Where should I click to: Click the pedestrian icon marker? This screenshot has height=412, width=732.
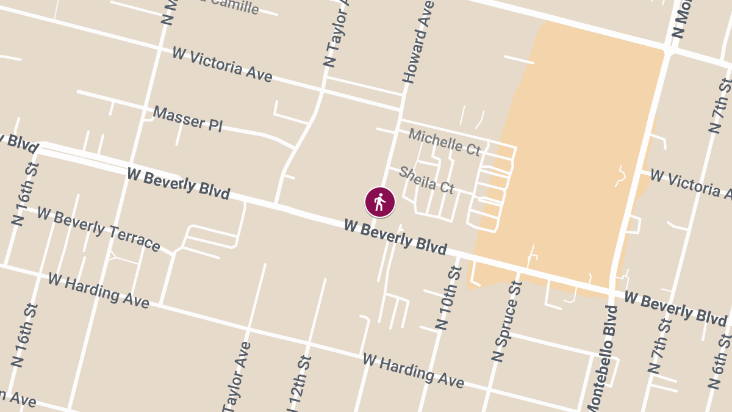coord(380,202)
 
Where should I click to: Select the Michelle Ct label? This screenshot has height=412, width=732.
coord(444,142)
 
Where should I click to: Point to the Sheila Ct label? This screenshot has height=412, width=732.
coord(426,180)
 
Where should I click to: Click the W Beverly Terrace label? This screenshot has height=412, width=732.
coord(98,229)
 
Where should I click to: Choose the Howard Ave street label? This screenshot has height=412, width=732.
coord(417,42)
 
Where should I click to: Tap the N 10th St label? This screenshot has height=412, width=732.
coord(449,297)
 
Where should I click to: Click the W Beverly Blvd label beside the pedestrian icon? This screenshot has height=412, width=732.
coord(395,237)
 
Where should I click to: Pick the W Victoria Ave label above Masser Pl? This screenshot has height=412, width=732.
coord(222,64)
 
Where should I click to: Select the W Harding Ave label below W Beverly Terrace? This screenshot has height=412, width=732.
coord(98,291)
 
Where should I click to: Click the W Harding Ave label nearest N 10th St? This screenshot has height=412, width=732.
coord(413,370)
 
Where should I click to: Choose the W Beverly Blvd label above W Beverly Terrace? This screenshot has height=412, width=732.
coord(178,184)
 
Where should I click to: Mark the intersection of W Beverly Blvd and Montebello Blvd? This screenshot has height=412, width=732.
coord(612,291)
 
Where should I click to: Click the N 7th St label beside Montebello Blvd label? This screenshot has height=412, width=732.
coord(660,345)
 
